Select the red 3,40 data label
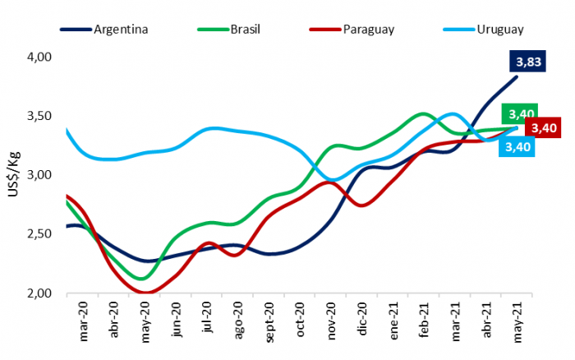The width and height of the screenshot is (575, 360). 543,128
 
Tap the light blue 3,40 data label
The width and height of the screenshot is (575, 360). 518,147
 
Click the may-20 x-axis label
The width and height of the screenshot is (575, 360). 145,322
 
